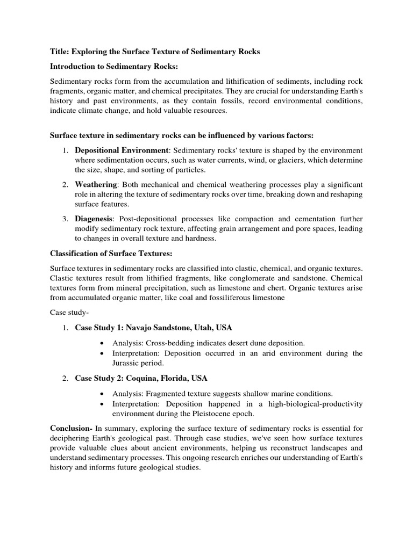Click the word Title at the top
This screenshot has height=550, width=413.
coord(60,52)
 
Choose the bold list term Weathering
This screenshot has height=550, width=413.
coord(96,185)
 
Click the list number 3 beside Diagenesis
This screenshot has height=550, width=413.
coord(64,219)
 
